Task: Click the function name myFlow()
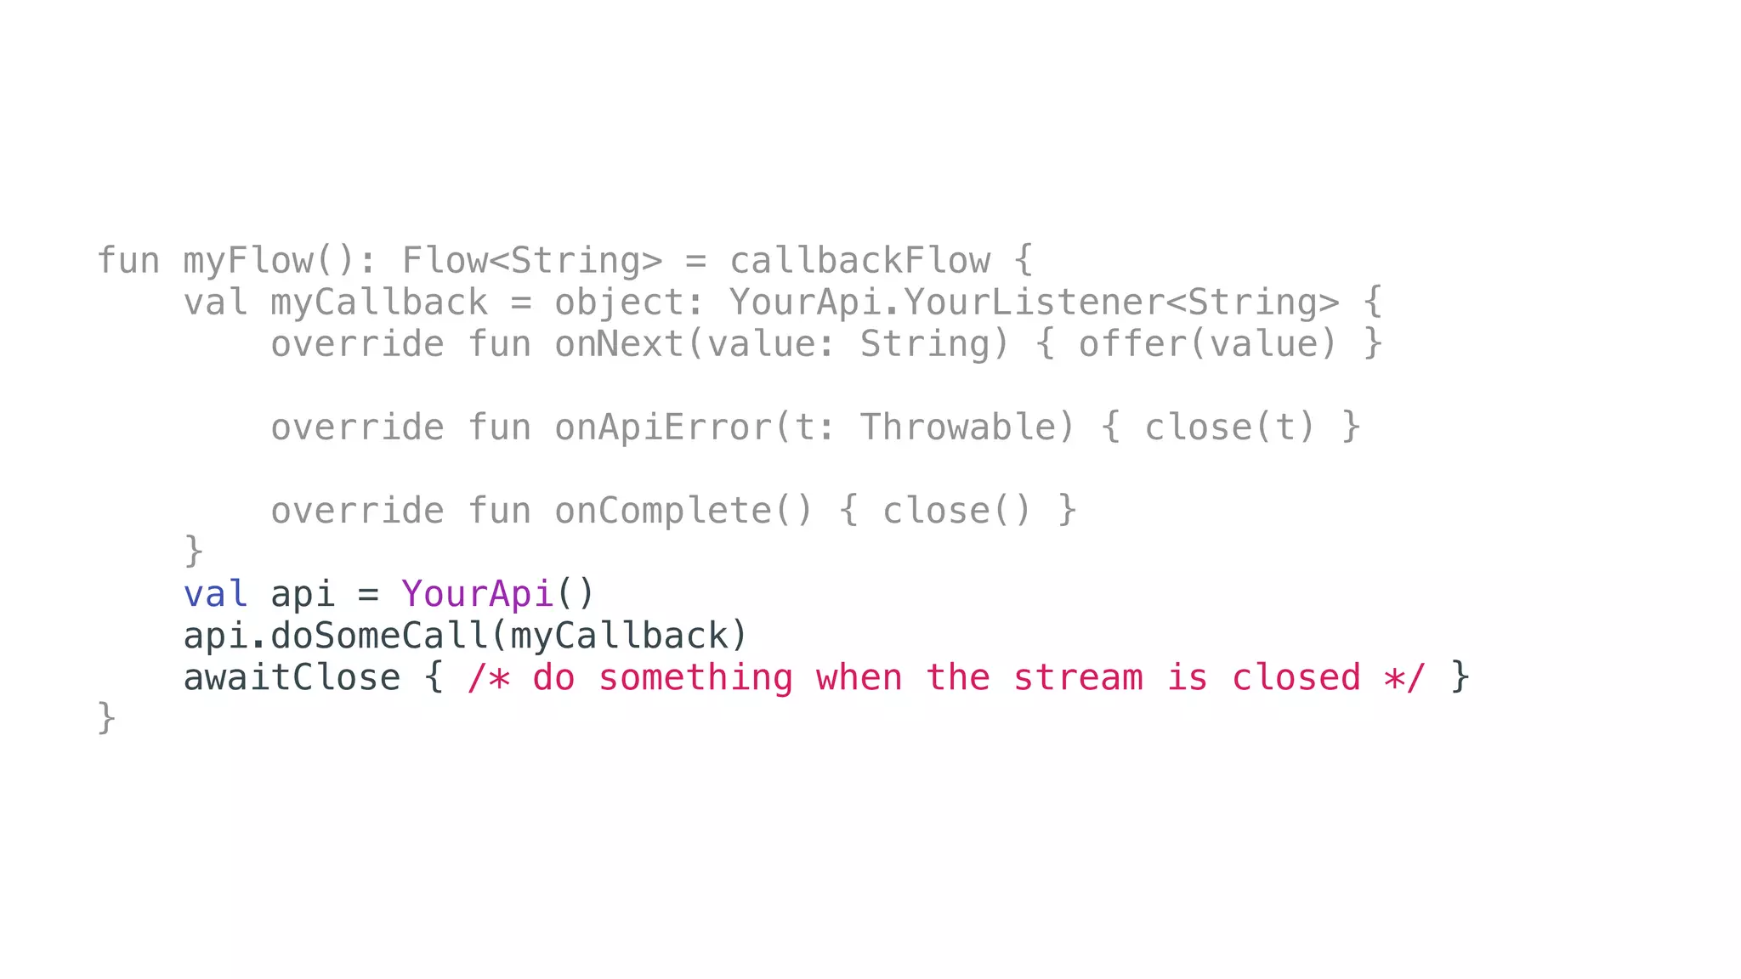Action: click(269, 261)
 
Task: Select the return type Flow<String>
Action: click(531, 261)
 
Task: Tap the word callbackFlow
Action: click(859, 261)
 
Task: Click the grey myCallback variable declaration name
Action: click(378, 303)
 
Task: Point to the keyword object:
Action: click(629, 303)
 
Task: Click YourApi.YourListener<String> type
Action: click(1034, 303)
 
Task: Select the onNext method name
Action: click(619, 344)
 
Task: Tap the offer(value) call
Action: click(1208, 344)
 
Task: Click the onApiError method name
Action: click(663, 427)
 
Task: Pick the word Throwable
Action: click(967, 427)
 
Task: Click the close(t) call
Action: click(1229, 427)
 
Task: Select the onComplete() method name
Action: click(683, 511)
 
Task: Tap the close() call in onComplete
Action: click(956, 511)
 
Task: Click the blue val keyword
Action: click(215, 594)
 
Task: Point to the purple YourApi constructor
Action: click(477, 594)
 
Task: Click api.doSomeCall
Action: click(335, 636)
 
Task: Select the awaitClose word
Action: click(292, 677)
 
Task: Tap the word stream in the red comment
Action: click(1077, 677)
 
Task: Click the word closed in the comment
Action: click(1296, 677)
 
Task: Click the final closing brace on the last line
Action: click(106, 718)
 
